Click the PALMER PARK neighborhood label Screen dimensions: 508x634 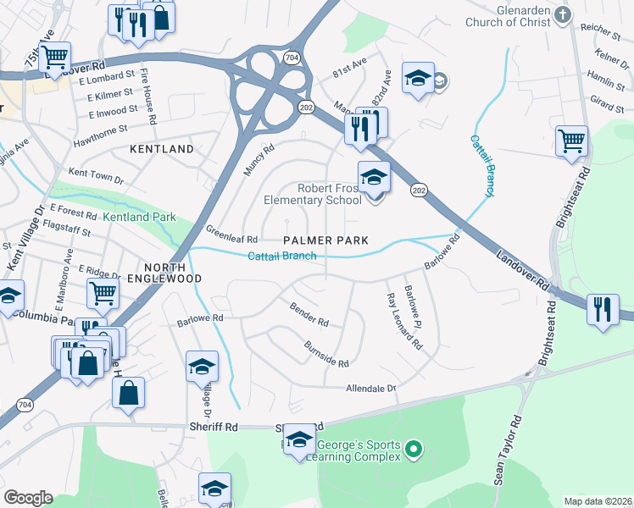325,240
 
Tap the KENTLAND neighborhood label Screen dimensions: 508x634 162,148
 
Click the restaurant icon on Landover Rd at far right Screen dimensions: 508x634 602,309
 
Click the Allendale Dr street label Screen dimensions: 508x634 370,388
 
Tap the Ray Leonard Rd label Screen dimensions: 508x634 403,322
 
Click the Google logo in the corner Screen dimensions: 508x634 27,497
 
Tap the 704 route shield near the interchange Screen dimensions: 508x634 292,58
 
